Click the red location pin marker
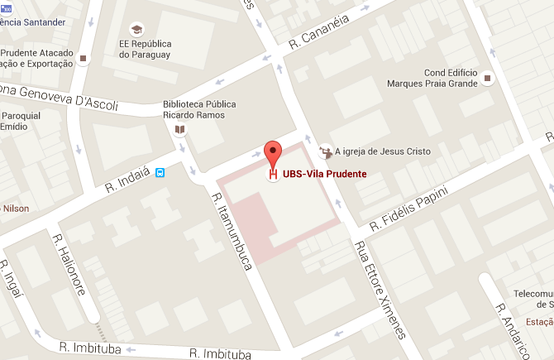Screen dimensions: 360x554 coord(273,152)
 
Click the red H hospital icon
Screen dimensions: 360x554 coord(273,175)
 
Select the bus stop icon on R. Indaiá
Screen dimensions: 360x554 coord(160,173)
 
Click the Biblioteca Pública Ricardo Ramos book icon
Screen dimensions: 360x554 coord(180,129)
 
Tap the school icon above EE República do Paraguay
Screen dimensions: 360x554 coord(136,28)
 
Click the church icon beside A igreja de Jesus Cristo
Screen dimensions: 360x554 coord(324,151)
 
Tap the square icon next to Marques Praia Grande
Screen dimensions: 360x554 coord(488,79)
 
